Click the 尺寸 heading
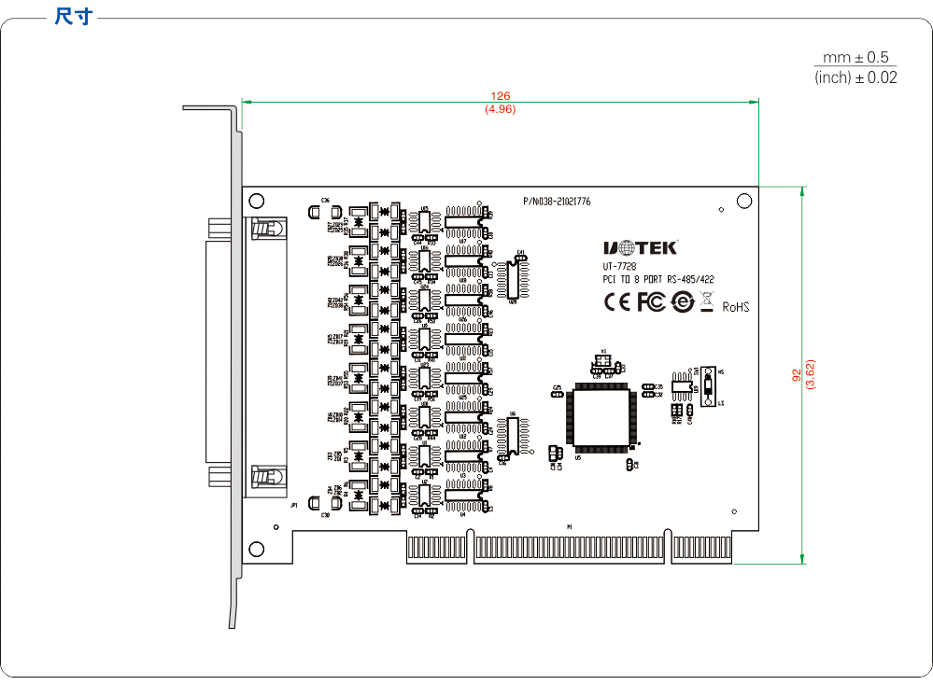(73, 17)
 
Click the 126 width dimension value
(501, 96)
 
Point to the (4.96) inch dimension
(501, 109)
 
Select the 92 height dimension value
(797, 374)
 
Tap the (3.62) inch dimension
(811, 374)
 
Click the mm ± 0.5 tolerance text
(855, 58)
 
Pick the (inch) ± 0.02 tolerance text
(855, 77)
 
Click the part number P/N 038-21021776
(557, 201)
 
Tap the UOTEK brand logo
(640, 247)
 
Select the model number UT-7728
(619, 266)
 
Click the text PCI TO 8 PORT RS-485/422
(658, 279)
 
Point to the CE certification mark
(617, 301)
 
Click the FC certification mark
(651, 301)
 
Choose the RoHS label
(736, 305)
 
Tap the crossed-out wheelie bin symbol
(706, 301)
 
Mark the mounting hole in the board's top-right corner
(744, 201)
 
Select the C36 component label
(325, 201)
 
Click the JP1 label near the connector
(293, 504)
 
